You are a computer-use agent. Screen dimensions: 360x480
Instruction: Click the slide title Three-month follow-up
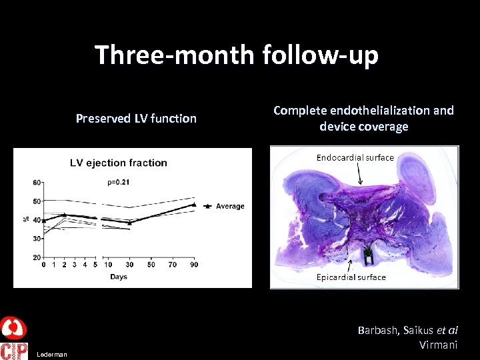pos(237,55)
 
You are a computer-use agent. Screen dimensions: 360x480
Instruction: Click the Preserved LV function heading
pos(136,119)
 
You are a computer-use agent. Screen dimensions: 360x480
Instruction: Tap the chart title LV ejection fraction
pos(119,163)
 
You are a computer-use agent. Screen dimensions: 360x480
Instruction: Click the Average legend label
pos(230,206)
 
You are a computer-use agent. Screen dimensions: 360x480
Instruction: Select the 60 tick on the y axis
pos(37,182)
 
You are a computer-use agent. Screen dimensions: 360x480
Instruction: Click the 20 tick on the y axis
pos(37,257)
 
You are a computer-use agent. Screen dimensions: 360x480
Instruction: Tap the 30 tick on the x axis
pos(129,265)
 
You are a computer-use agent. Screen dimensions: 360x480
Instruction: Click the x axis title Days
pos(118,277)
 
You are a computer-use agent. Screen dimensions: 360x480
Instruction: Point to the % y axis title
pos(26,219)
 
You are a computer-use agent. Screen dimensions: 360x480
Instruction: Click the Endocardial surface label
pos(355,158)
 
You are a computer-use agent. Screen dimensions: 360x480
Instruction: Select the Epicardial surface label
pos(351,277)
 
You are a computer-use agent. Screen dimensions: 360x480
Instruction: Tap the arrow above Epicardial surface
pos(351,265)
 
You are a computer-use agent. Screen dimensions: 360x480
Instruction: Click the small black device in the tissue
pos(367,254)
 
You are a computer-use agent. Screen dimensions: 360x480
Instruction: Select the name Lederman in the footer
pos(52,355)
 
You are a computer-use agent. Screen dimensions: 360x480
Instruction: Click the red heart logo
pos(13,329)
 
